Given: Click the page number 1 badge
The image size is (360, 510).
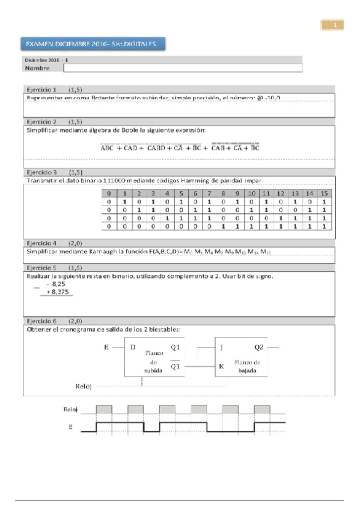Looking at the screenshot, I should click(334, 25).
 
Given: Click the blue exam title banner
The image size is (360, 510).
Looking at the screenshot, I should click(94, 44).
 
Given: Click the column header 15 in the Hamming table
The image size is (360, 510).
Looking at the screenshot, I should click(324, 193).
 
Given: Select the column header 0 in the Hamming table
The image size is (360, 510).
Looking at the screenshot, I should click(109, 193).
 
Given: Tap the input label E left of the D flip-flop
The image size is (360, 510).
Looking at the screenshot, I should click(106, 346).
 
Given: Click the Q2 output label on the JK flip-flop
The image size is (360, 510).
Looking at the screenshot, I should click(258, 347).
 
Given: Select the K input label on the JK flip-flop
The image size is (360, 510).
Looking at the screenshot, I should click(221, 365).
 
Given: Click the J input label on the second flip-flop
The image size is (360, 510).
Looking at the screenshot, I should click(221, 347).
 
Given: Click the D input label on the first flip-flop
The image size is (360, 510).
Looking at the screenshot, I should click(132, 347).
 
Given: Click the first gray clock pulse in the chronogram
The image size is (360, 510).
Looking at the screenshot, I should click(104, 408).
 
